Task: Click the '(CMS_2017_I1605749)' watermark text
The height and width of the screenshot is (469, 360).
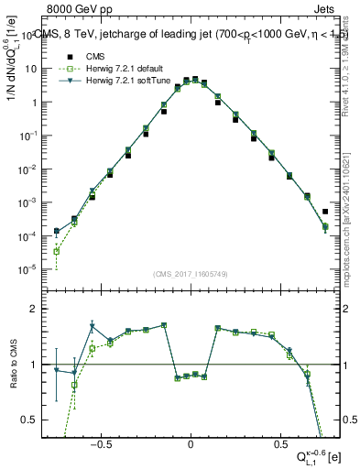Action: [x=191, y=274]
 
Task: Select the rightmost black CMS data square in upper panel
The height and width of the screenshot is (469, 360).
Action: [x=326, y=212]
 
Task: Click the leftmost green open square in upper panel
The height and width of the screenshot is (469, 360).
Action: [x=57, y=251]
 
